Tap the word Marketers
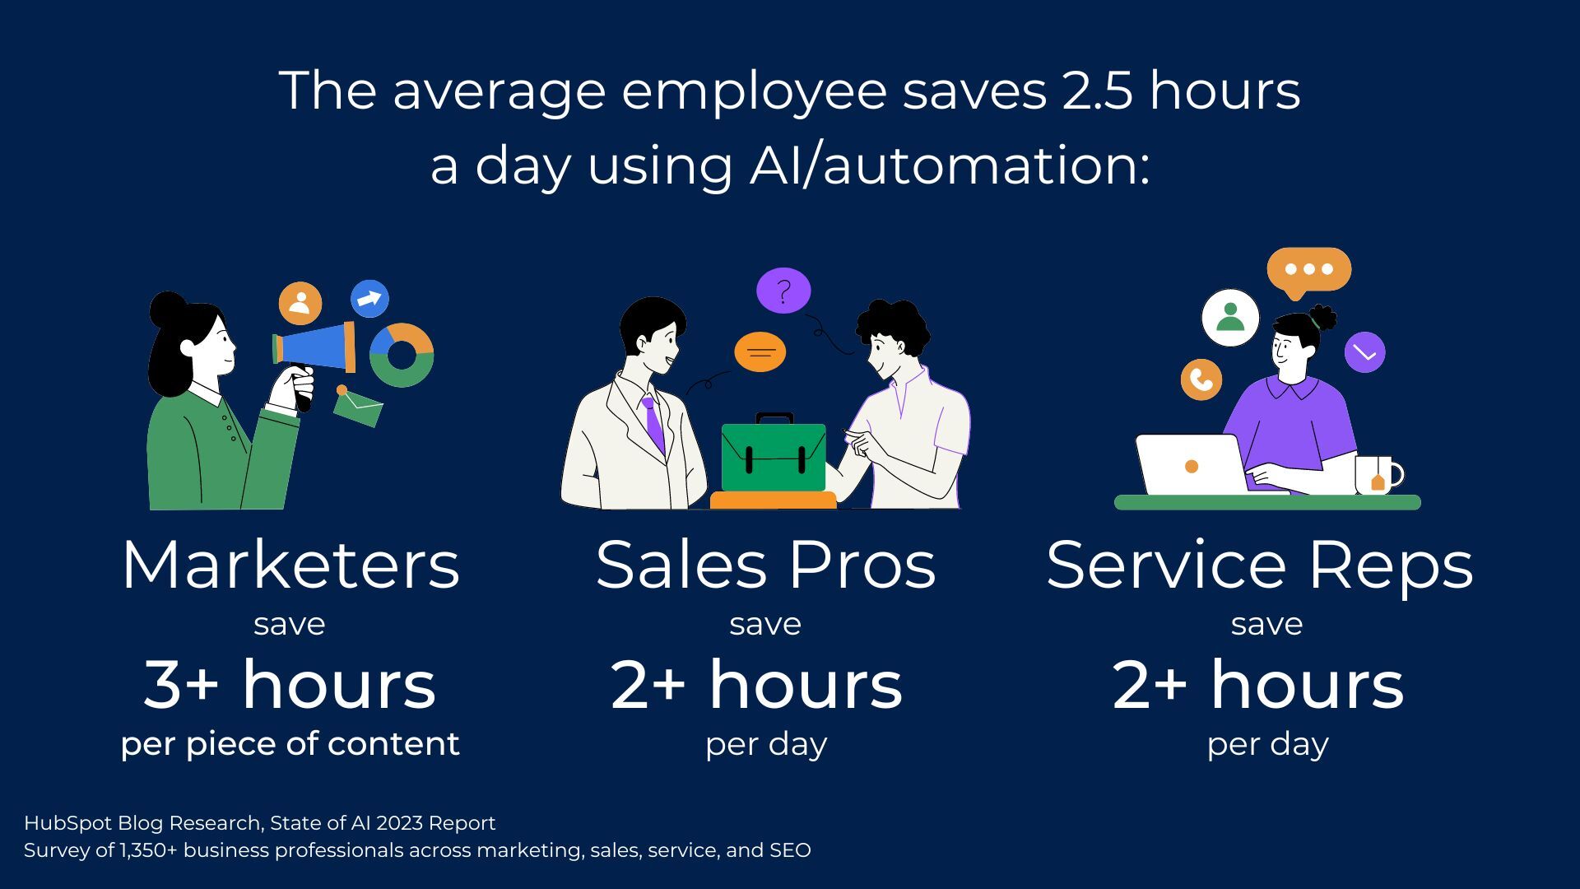click(290, 566)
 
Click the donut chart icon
click(402, 356)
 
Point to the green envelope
click(359, 407)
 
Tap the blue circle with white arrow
click(369, 299)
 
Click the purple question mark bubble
click(783, 291)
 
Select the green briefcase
click(774, 457)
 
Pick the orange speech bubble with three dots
click(1308, 270)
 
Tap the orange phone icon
click(1201, 379)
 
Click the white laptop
click(1192, 465)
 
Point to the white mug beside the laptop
click(1378, 475)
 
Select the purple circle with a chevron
click(1364, 352)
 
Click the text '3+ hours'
click(290, 685)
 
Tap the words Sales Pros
click(765, 566)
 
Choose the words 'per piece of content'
click(290, 744)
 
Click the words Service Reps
click(1259, 566)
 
